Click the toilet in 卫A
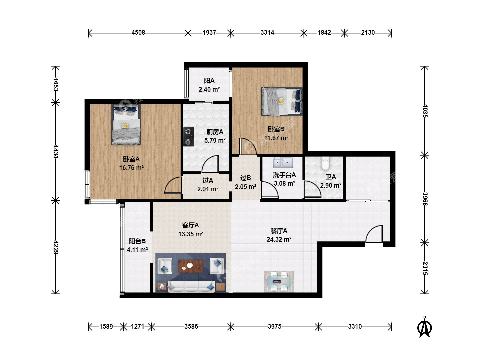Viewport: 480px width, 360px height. coord(325,164)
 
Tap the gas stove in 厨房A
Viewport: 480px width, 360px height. coord(189,137)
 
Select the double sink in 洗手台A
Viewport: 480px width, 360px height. coord(283,162)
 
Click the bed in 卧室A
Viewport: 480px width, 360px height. coord(126,125)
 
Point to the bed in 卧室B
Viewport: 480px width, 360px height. coord(282,102)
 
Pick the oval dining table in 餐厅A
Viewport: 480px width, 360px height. coord(279,281)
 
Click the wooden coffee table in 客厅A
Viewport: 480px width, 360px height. coord(191,266)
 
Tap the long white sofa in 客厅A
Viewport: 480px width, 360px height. coord(191,286)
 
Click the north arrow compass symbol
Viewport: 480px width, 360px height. coord(424,327)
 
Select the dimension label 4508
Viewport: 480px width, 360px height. coord(138,33)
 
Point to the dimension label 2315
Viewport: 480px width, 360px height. coord(425,268)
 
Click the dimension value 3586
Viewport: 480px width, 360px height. coord(191,327)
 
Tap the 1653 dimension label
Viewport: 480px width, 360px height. coord(56,85)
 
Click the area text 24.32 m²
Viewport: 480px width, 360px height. coord(279,239)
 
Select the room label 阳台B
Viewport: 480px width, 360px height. coord(137,241)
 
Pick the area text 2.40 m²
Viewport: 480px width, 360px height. coord(209,89)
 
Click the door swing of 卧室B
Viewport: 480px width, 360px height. coord(248,146)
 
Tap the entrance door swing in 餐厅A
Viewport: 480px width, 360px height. coord(374,234)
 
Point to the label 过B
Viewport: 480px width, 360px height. coord(246,178)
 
